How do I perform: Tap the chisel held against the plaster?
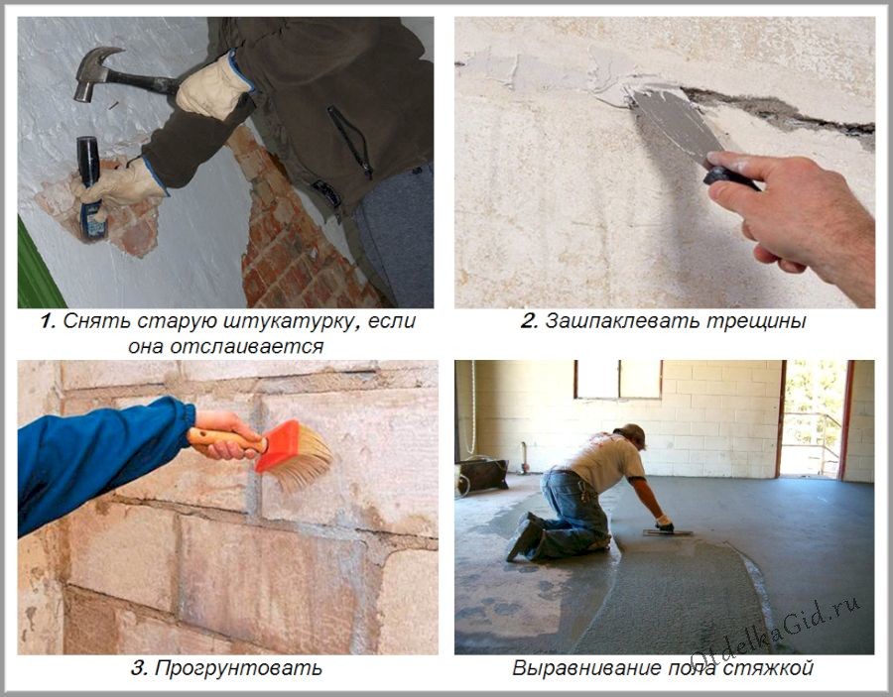91,187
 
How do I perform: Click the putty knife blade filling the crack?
675,121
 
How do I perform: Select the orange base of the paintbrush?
278,445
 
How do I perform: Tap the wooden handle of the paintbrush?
225,438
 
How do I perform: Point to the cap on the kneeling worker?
633,434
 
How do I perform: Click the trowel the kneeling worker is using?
668,533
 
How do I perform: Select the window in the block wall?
618,379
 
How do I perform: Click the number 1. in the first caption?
49,321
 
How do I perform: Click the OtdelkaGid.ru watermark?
777,632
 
